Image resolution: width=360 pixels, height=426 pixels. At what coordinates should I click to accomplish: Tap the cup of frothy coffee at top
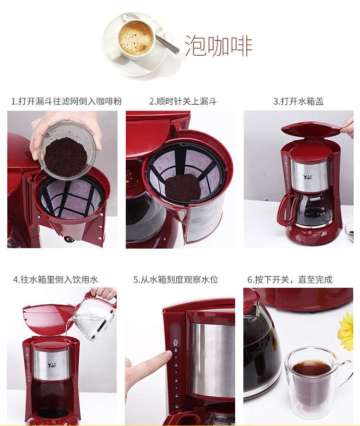pyautogui.click(x=136, y=38)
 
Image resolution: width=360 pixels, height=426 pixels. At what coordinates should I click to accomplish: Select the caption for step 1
pyautogui.click(x=67, y=102)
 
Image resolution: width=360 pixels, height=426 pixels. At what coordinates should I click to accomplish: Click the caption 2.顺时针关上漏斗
pyautogui.click(x=183, y=102)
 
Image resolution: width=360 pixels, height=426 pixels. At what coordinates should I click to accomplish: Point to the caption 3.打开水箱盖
pyautogui.click(x=299, y=102)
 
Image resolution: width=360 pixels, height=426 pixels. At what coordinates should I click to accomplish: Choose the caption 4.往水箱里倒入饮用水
pyautogui.click(x=56, y=280)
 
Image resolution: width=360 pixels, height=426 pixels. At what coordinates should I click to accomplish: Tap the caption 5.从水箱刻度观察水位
pyautogui.click(x=176, y=280)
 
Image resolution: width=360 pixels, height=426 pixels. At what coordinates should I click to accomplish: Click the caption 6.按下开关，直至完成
pyautogui.click(x=290, y=280)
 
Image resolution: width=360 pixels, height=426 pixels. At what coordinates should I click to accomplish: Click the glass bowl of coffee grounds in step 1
pyautogui.click(x=67, y=151)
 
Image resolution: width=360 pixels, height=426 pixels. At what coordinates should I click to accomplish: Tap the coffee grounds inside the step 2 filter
pyautogui.click(x=183, y=187)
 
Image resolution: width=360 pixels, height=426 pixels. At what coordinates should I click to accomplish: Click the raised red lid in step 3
pyautogui.click(x=311, y=130)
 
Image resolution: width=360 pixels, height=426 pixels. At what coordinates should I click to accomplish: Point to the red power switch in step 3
pyautogui.click(x=310, y=232)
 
